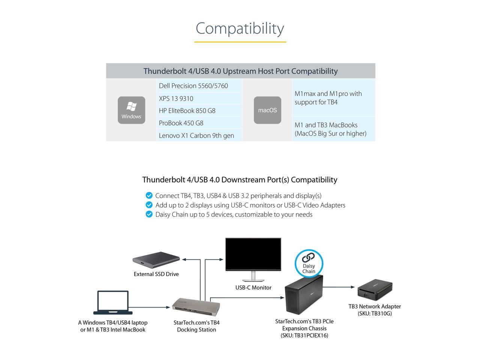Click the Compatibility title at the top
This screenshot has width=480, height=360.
[240, 28]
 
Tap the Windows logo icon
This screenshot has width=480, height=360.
[131, 110]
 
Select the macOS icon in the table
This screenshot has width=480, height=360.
[267, 110]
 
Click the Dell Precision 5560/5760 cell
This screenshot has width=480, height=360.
[199, 86]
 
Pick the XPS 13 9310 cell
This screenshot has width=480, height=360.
[199, 99]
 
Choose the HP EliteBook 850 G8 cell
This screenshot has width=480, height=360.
[199, 111]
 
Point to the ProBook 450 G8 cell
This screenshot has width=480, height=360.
[199, 123]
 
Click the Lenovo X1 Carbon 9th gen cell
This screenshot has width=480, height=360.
[199, 135]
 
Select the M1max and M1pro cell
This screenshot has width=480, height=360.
[333, 97]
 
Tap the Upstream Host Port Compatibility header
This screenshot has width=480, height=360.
[240, 71]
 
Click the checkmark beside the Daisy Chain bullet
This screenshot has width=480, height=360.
[149, 214]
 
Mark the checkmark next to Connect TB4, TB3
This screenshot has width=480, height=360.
[149, 195]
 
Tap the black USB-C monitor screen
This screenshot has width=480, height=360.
[253, 254]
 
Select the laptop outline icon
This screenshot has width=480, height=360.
[112, 302]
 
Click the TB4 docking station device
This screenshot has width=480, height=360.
[196, 305]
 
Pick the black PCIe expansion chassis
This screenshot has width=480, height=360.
[303, 296]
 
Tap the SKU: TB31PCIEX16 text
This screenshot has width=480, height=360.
[304, 336]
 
